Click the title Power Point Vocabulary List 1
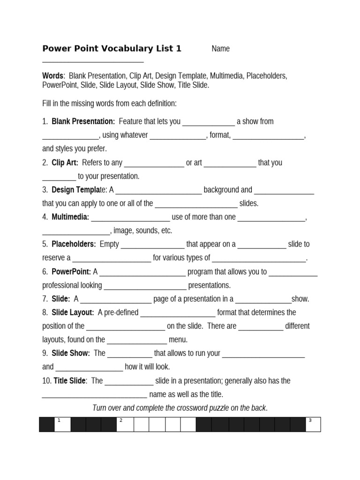(x=112, y=49)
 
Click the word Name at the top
(x=220, y=49)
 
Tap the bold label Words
(x=52, y=76)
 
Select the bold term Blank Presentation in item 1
(x=83, y=121)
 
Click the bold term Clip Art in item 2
(x=65, y=163)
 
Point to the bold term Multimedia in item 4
(x=70, y=217)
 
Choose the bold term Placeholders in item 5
(x=74, y=244)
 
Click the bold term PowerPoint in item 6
(x=71, y=271)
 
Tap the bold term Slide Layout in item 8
(x=73, y=312)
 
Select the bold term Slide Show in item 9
(x=70, y=353)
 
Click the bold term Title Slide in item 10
(x=70, y=381)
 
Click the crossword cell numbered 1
(x=62, y=424)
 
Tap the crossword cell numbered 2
(x=125, y=424)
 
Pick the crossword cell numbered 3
(x=313, y=424)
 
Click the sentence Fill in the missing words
(x=109, y=103)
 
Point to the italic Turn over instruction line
(x=180, y=408)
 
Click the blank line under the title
(x=93, y=61)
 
